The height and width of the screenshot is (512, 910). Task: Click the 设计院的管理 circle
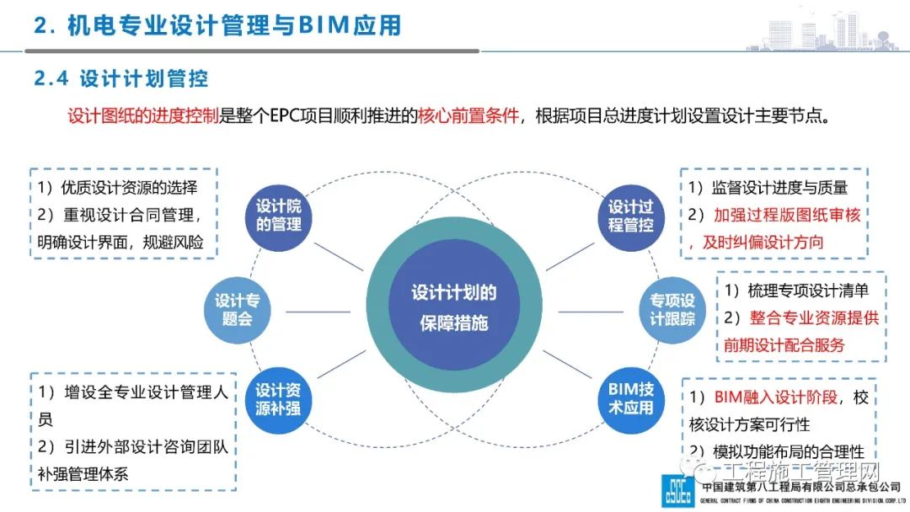[278, 216]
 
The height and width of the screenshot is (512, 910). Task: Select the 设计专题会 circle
[237, 309]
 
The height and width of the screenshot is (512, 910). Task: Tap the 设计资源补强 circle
[278, 400]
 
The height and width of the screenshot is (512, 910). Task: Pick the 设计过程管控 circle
[631, 216]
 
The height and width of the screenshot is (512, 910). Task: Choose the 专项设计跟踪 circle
[672, 309]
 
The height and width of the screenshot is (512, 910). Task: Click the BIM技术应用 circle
[631, 400]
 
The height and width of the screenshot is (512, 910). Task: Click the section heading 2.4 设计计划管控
[121, 79]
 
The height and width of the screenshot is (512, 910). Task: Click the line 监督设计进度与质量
[779, 188]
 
